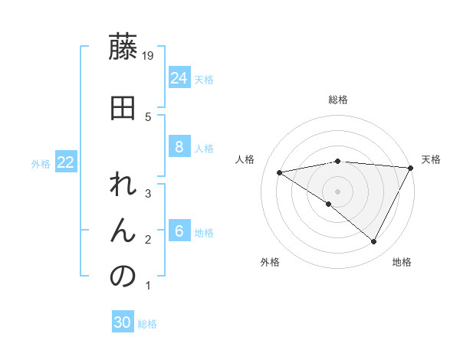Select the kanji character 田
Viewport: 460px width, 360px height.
(x=123, y=108)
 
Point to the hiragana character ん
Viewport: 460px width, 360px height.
(x=123, y=231)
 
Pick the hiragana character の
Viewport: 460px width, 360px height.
(x=123, y=277)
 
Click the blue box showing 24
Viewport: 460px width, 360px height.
(x=179, y=77)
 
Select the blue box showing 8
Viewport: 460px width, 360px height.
(x=179, y=147)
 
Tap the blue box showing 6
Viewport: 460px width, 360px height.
(x=179, y=231)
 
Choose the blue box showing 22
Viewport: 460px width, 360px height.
(x=66, y=162)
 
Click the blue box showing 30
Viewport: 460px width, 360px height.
(x=123, y=322)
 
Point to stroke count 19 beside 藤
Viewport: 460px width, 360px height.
(x=149, y=55)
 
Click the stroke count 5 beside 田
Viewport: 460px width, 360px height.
(x=148, y=116)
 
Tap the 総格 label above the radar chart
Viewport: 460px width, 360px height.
(x=338, y=100)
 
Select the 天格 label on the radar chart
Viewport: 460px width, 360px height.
(x=431, y=159)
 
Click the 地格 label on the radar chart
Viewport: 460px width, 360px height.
(x=402, y=262)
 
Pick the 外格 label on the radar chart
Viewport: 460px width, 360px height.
(x=270, y=262)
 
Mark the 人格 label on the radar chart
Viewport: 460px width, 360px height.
(x=245, y=159)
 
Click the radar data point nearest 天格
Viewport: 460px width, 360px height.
(x=412, y=167)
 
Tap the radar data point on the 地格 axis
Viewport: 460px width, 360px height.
(x=374, y=242)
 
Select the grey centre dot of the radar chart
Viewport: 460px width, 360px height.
(x=337, y=191)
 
